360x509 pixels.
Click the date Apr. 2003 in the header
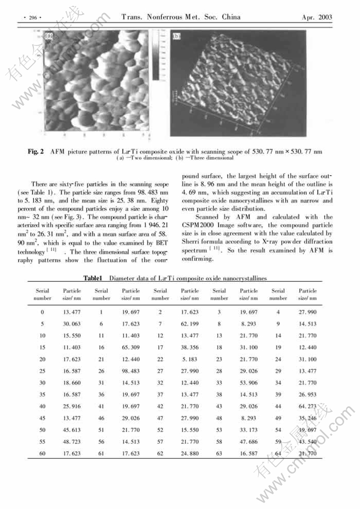click(x=317, y=17)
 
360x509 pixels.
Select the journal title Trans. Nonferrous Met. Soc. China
click(x=181, y=17)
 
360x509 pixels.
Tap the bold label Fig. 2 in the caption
click(x=35, y=152)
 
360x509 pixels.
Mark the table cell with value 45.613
click(x=71, y=430)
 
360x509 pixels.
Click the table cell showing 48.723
click(x=71, y=441)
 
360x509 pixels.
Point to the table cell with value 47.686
click(x=249, y=441)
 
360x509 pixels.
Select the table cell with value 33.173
click(x=249, y=430)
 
